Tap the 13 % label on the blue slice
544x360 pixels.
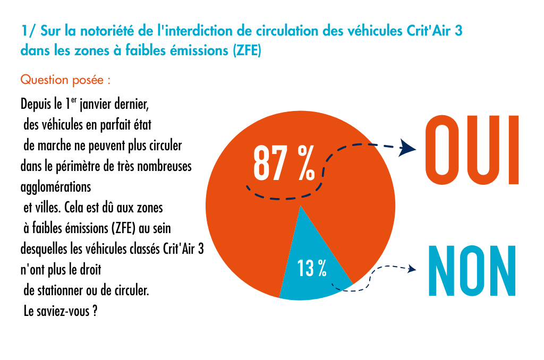312,269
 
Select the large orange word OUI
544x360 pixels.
472,151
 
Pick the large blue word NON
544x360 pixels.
472,271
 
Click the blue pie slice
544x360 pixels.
313,260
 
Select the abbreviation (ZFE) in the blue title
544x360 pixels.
243,52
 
